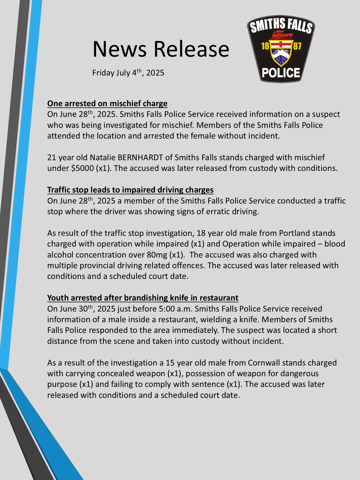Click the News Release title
coord(161,49)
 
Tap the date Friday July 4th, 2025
coord(128,73)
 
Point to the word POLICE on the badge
coord(281,73)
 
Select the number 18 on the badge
coord(265,46)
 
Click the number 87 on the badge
coord(297,46)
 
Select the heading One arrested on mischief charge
coord(107,103)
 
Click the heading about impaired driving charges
coord(130,190)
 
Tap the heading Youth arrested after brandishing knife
coord(143,298)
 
